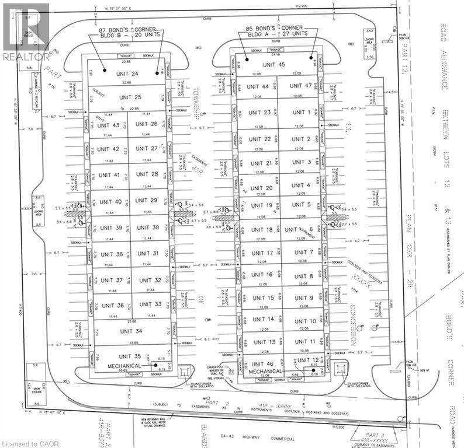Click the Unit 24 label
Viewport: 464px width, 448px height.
coord(127,74)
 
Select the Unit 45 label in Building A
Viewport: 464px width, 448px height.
coord(274,65)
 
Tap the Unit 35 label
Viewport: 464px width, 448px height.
coord(130,356)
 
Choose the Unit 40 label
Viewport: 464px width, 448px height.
coord(110,202)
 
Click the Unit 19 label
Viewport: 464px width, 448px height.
coord(261,205)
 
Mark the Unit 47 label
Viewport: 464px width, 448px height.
coord(300,86)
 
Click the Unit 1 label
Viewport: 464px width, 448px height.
coord(301,112)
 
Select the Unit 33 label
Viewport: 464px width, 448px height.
coord(150,304)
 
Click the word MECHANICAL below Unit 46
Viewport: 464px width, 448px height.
coord(266,371)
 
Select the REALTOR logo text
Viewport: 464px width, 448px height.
coord(26,57)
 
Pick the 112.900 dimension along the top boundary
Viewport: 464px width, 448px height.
coord(301,6)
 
